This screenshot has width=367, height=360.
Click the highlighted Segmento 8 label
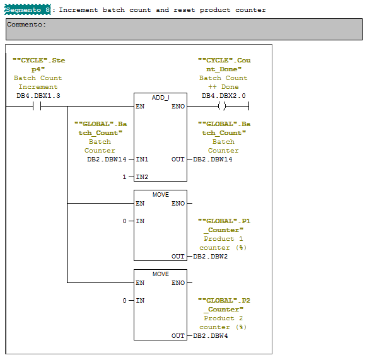click(28, 10)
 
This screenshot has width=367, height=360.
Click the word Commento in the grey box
click(26, 25)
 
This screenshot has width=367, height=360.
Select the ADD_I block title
click(160, 98)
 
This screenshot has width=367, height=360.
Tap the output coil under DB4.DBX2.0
click(221, 106)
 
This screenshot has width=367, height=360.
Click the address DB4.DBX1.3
click(38, 96)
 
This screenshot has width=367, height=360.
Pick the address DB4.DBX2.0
click(223, 96)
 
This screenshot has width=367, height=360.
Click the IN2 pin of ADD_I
click(142, 177)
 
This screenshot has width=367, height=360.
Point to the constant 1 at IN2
click(125, 177)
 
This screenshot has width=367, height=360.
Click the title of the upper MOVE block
click(160, 195)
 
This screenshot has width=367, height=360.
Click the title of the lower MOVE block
click(160, 274)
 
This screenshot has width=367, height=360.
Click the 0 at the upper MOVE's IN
click(125, 221)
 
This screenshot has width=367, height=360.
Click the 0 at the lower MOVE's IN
click(125, 301)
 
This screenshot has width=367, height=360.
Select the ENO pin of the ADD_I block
click(178, 107)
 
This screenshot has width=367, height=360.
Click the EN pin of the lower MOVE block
click(140, 283)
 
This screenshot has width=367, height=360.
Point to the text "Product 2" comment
click(223, 318)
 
